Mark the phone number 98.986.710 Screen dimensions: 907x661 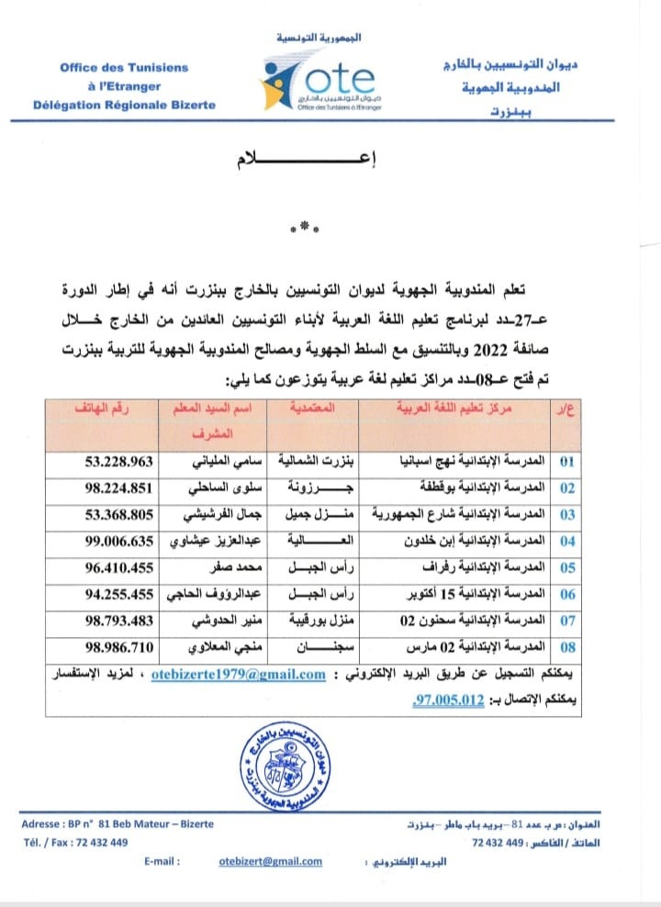[x=111, y=647]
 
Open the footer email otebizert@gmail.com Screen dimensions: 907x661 [x=271, y=861]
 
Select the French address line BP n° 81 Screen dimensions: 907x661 [x=118, y=823]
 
